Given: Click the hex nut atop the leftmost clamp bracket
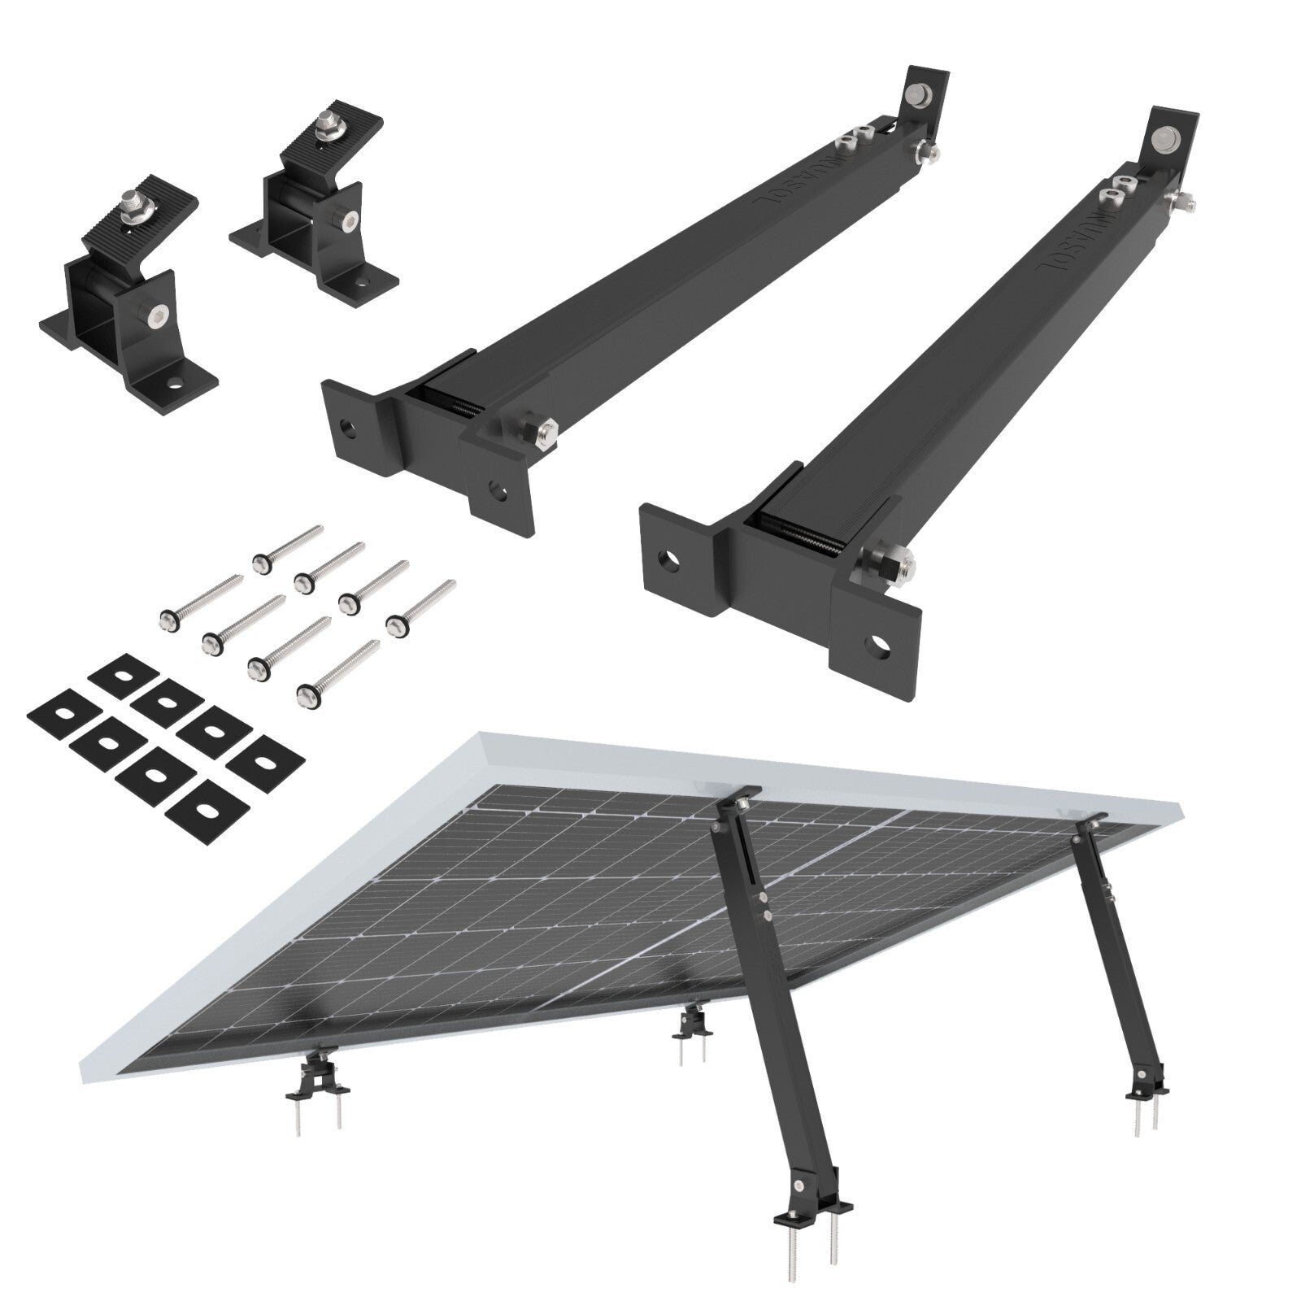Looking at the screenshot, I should [130, 198].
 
